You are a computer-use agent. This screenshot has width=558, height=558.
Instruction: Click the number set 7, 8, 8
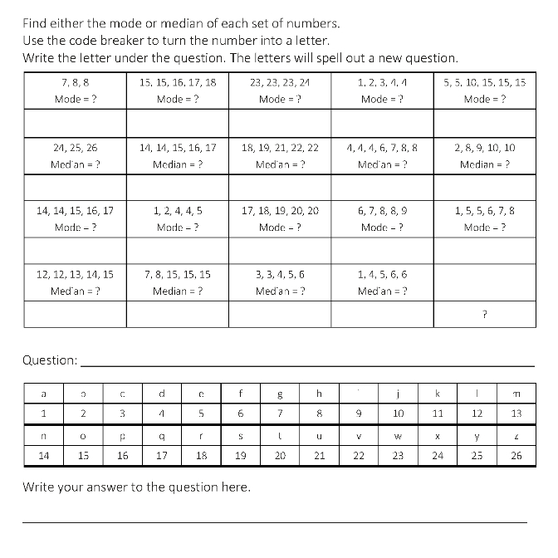(x=76, y=83)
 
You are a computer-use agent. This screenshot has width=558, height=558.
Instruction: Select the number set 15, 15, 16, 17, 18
(x=178, y=83)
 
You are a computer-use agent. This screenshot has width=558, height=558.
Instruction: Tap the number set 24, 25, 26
(x=76, y=147)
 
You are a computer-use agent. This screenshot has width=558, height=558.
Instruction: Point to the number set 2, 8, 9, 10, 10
(x=485, y=147)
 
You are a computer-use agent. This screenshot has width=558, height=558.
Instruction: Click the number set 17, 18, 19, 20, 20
(x=280, y=211)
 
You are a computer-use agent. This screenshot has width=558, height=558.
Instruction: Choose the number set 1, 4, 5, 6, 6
(x=382, y=274)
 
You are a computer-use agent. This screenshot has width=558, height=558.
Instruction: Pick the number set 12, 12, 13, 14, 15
(x=76, y=274)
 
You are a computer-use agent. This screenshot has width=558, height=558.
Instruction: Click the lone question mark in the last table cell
(x=484, y=314)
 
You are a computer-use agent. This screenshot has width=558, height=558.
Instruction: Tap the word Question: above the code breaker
(x=50, y=360)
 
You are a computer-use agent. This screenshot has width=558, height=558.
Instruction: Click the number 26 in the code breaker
(x=516, y=455)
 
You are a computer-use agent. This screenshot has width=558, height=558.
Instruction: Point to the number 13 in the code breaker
(x=516, y=413)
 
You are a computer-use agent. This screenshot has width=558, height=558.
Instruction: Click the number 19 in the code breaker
(x=242, y=455)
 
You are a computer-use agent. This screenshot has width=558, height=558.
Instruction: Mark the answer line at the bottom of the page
(x=274, y=521)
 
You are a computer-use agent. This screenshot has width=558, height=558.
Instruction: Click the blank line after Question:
(x=307, y=365)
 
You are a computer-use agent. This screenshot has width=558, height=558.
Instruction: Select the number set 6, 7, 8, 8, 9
(x=382, y=211)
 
